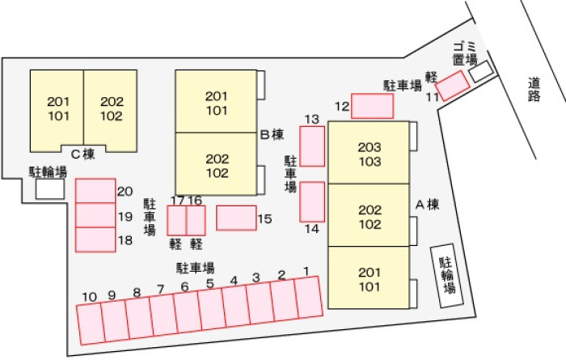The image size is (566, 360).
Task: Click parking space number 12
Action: [372, 106]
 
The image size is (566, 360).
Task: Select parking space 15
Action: [236, 218]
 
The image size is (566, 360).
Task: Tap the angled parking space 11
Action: [452, 86]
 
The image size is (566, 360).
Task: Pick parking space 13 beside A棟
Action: [312, 146]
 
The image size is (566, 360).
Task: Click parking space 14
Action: [312, 201]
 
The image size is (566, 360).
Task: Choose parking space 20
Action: [95, 191]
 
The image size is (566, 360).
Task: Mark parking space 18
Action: [95, 239]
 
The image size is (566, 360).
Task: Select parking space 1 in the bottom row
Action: [309, 298]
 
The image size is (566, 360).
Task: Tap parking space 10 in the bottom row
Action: [91, 324]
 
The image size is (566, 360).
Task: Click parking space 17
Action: [176, 220]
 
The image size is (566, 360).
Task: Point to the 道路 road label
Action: [534, 89]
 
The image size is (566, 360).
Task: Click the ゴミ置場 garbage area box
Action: [481, 71]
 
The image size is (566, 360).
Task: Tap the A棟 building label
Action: [428, 205]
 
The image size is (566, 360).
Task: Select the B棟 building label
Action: [272, 134]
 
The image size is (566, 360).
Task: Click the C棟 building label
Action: [83, 155]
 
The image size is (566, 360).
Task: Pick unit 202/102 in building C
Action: [111, 111]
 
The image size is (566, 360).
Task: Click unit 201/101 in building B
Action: [216, 101]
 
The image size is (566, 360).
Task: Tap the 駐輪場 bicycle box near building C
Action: [50, 188]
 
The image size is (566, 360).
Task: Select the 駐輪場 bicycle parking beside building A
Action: [447, 276]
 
